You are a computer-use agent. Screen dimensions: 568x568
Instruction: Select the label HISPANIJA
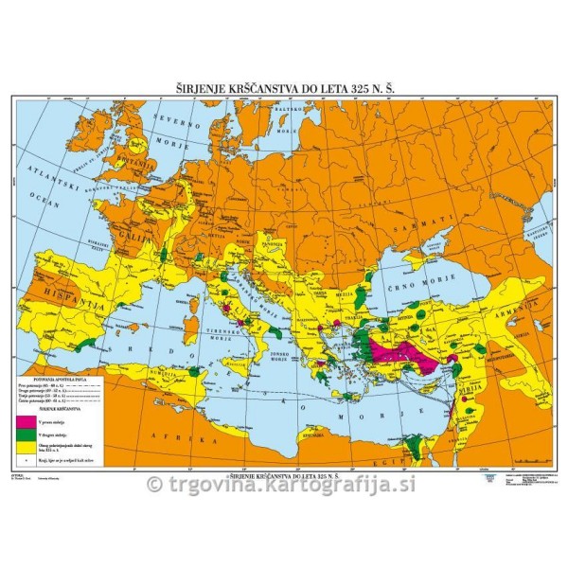68,295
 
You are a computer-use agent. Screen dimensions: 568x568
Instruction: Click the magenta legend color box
46,419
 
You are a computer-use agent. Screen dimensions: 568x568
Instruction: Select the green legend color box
46,434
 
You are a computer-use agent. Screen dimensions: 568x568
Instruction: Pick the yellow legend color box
46,447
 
